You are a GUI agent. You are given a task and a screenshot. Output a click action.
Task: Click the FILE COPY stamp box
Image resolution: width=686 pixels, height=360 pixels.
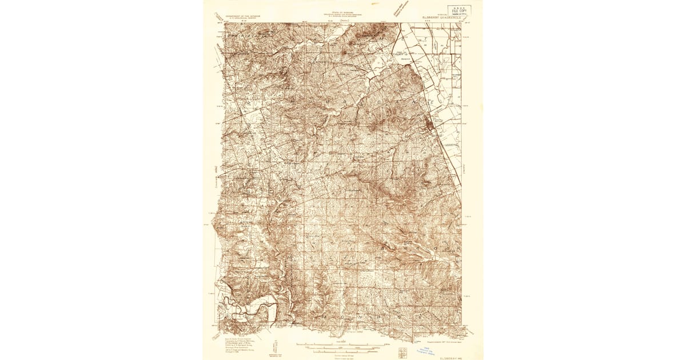coord(458,11)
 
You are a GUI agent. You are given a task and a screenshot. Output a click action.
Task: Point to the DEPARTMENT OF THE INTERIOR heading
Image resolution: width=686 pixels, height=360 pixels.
coord(242,16)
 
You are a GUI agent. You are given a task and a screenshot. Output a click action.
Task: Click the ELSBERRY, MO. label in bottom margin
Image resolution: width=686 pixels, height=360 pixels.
coord(452,357)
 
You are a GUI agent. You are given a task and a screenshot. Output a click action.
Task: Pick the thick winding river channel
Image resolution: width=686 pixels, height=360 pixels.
coord(252,306)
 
